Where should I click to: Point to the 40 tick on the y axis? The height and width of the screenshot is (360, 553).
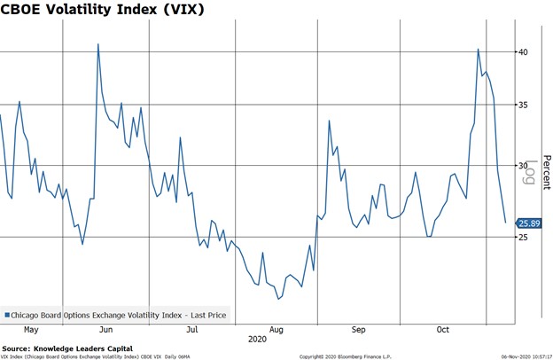[523, 52]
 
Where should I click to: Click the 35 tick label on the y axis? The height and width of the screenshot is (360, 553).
[523, 105]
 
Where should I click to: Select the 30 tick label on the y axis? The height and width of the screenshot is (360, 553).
[523, 166]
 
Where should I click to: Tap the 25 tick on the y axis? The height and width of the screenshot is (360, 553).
[523, 237]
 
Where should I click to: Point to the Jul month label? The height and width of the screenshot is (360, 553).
[191, 328]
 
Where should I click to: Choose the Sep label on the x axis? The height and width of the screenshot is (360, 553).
[358, 328]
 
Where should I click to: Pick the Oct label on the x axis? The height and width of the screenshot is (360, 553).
[443, 328]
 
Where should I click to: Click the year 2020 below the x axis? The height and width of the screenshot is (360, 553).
[257, 339]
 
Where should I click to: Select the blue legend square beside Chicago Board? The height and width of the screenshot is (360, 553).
[7, 314]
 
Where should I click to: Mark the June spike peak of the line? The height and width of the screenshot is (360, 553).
[97, 43]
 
